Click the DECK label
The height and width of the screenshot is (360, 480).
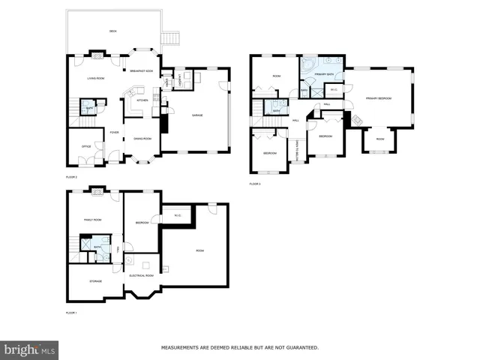(112, 31)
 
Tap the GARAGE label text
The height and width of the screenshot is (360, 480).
(197, 115)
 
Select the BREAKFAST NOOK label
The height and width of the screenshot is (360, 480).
(141, 70)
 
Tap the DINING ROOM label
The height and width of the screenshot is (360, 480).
(142, 139)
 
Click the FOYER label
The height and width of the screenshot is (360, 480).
(114, 133)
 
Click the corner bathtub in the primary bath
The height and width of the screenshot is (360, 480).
(308, 65)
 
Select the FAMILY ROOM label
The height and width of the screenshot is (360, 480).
(92, 220)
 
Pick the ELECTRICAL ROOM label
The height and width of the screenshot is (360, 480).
(140, 275)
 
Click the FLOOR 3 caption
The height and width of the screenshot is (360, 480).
(255, 184)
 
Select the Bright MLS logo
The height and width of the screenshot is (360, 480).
(30, 349)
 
